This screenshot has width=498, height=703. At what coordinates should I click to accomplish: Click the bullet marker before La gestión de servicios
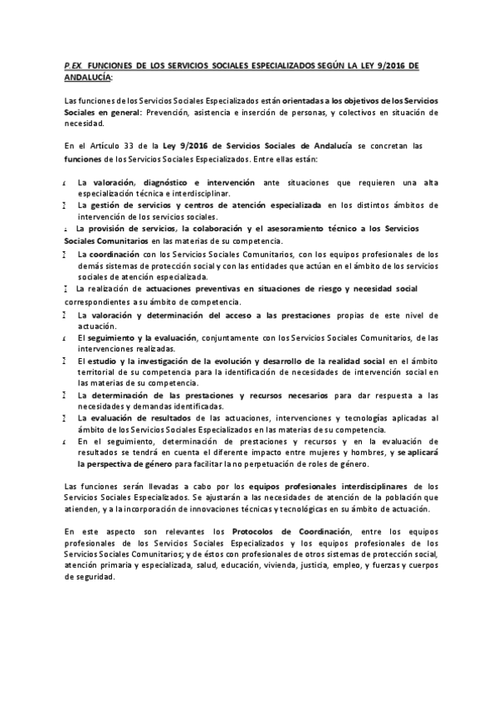tap(65, 204)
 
